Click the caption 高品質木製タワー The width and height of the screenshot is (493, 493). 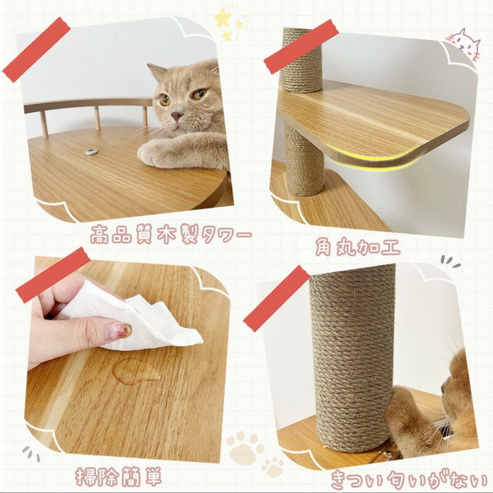click(170, 236)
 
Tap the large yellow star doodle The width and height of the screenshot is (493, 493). click(222, 18)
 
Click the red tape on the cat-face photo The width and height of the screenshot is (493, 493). click(37, 49)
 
